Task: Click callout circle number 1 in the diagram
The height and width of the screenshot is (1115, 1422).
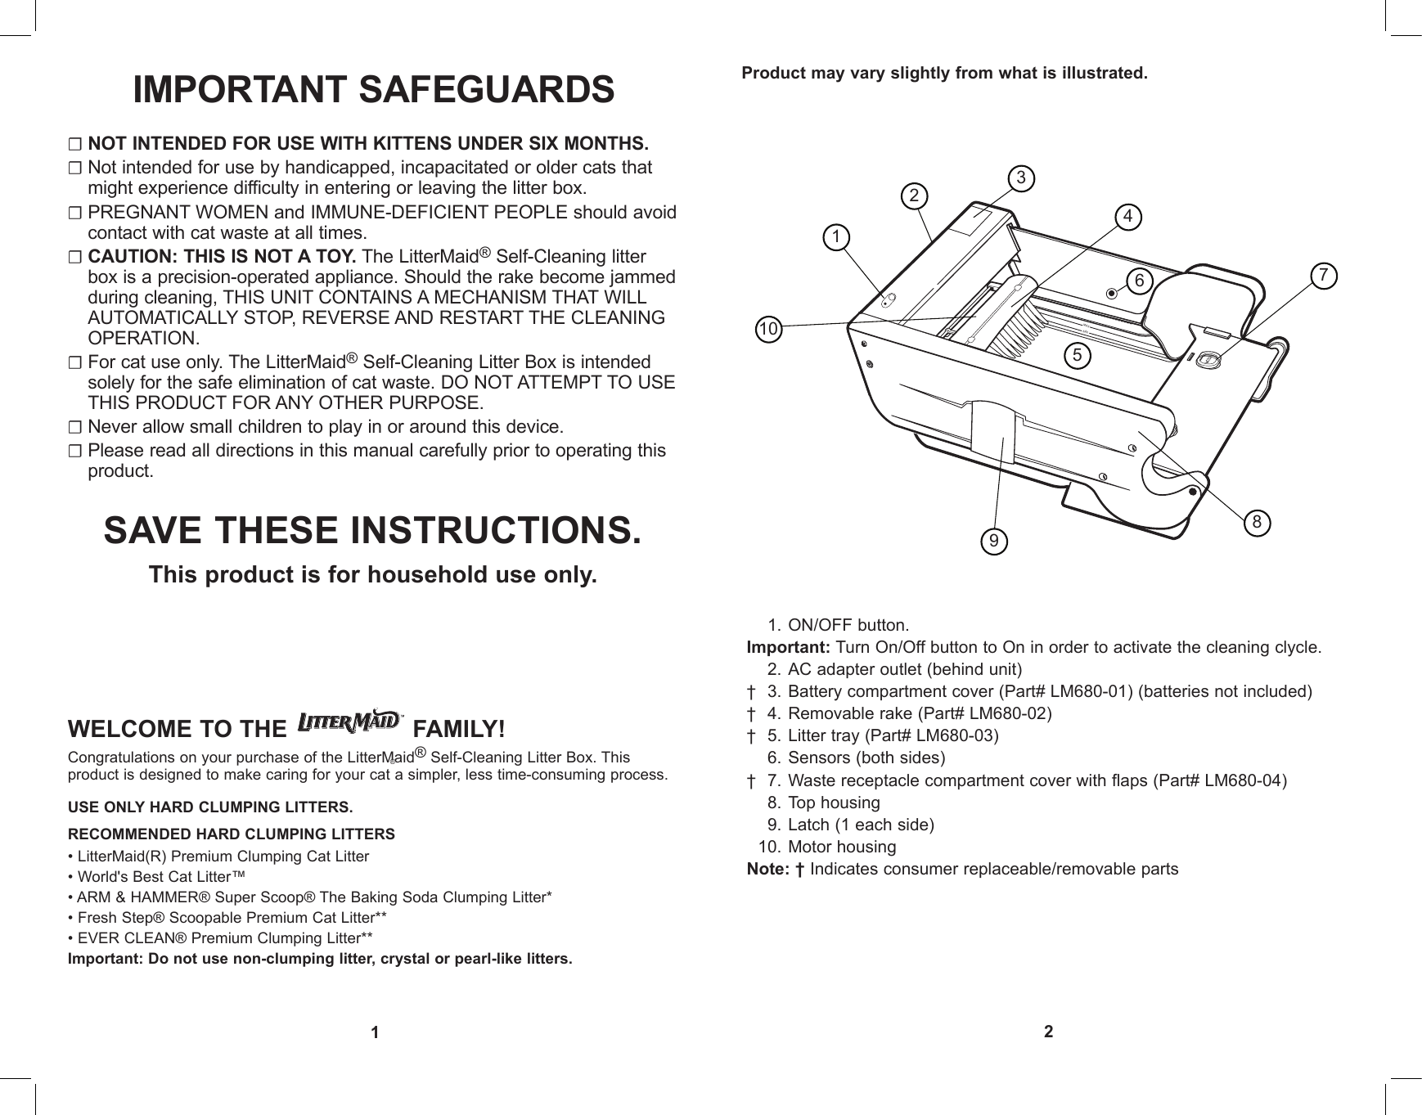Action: [x=835, y=237]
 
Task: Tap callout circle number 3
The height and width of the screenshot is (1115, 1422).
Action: [x=1020, y=177]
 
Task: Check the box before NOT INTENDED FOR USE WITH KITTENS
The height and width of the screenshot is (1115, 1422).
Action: [x=75, y=146]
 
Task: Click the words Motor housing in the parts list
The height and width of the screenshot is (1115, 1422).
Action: [x=841, y=847]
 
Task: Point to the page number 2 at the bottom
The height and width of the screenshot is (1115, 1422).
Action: [x=1048, y=1032]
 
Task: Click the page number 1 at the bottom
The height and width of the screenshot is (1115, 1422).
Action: [x=374, y=1032]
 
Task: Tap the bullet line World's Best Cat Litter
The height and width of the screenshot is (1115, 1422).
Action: [x=155, y=877]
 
